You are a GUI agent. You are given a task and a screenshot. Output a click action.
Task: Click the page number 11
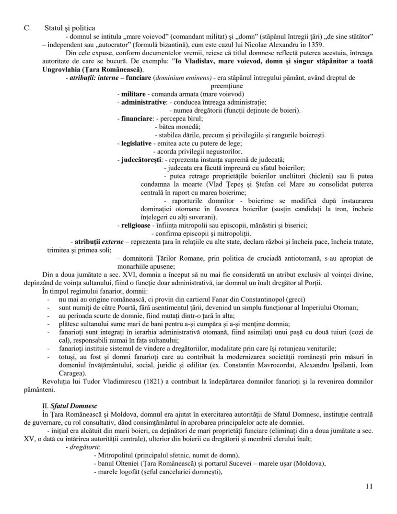click(369, 486)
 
